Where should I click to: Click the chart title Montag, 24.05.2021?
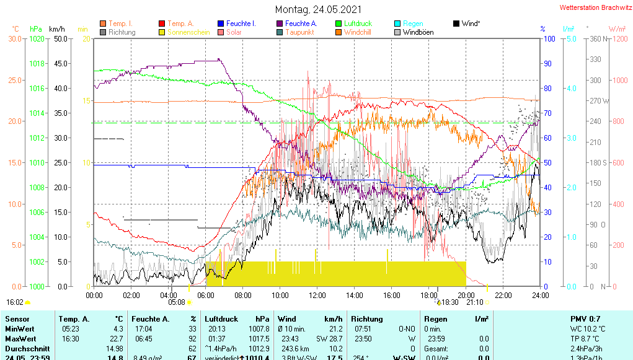click(x=317, y=9)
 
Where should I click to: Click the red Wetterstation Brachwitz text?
click(x=595, y=8)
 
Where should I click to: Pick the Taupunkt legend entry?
click(x=299, y=32)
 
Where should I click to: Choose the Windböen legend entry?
click(x=418, y=32)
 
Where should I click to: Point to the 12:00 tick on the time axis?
click(x=317, y=296)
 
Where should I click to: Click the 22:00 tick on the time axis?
click(x=503, y=296)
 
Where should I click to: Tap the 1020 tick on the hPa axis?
click(x=37, y=38)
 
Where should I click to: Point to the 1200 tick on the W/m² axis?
click(x=617, y=38)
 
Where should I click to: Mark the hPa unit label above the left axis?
click(x=36, y=29)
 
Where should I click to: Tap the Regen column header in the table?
click(x=435, y=318)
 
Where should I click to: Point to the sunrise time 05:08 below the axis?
click(x=177, y=302)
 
